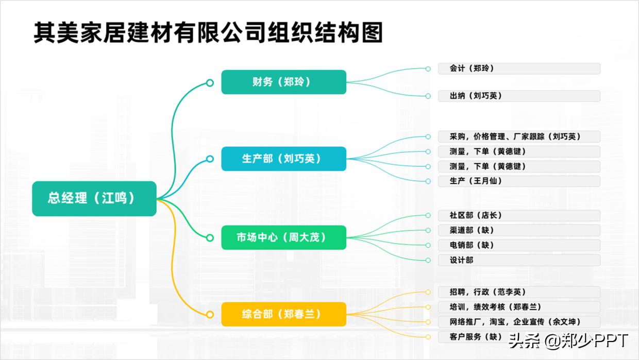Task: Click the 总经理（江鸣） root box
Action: click(94, 198)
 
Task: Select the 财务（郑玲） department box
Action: click(283, 82)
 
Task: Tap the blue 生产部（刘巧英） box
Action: click(283, 159)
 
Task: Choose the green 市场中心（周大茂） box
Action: click(283, 237)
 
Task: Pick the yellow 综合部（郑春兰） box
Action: click(283, 314)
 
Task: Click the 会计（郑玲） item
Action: click(518, 68)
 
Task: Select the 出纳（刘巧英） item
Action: click(518, 96)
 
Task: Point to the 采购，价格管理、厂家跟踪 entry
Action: click(518, 136)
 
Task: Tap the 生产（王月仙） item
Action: click(518, 181)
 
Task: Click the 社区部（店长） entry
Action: click(518, 215)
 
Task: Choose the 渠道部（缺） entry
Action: click(518, 230)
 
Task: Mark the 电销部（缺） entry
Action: click(518, 245)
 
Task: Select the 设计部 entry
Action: click(518, 260)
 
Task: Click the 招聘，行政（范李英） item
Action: click(518, 292)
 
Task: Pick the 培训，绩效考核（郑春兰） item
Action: click(518, 307)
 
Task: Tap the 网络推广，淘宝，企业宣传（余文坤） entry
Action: click(518, 322)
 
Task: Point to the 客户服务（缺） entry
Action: click(469, 337)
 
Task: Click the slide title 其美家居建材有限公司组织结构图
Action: click(208, 33)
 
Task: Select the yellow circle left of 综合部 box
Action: click(210, 314)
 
